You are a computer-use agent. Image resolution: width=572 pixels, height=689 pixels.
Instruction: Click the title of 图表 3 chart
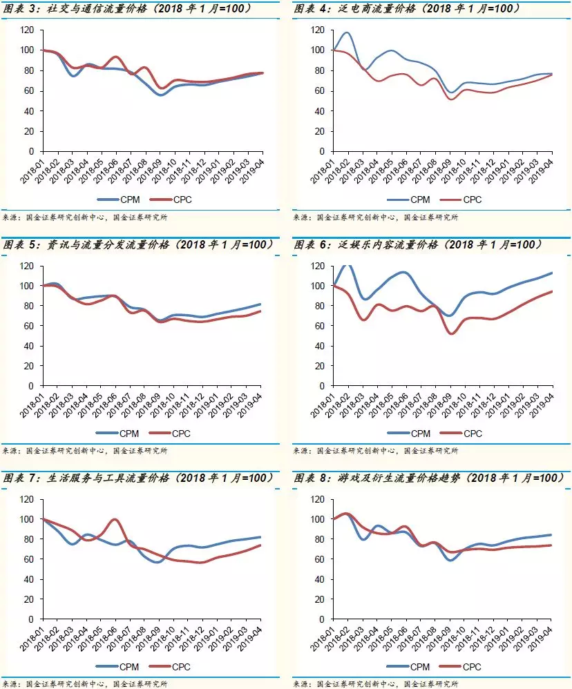128,9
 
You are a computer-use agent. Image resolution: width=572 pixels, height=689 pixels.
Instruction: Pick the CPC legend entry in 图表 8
463,668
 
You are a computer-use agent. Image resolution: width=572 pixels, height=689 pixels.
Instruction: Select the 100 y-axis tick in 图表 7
26,519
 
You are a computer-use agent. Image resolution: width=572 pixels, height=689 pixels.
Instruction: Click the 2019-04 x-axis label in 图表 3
256,170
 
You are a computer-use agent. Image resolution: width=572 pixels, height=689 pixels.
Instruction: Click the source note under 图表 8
376,684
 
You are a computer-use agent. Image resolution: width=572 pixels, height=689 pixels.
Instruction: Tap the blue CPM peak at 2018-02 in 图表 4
347,32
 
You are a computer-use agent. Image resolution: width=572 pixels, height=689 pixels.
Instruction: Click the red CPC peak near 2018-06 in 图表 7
115,519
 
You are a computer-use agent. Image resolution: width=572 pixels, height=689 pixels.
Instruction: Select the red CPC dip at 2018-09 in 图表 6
452,333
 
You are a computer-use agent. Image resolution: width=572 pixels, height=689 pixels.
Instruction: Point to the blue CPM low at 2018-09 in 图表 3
160,95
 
